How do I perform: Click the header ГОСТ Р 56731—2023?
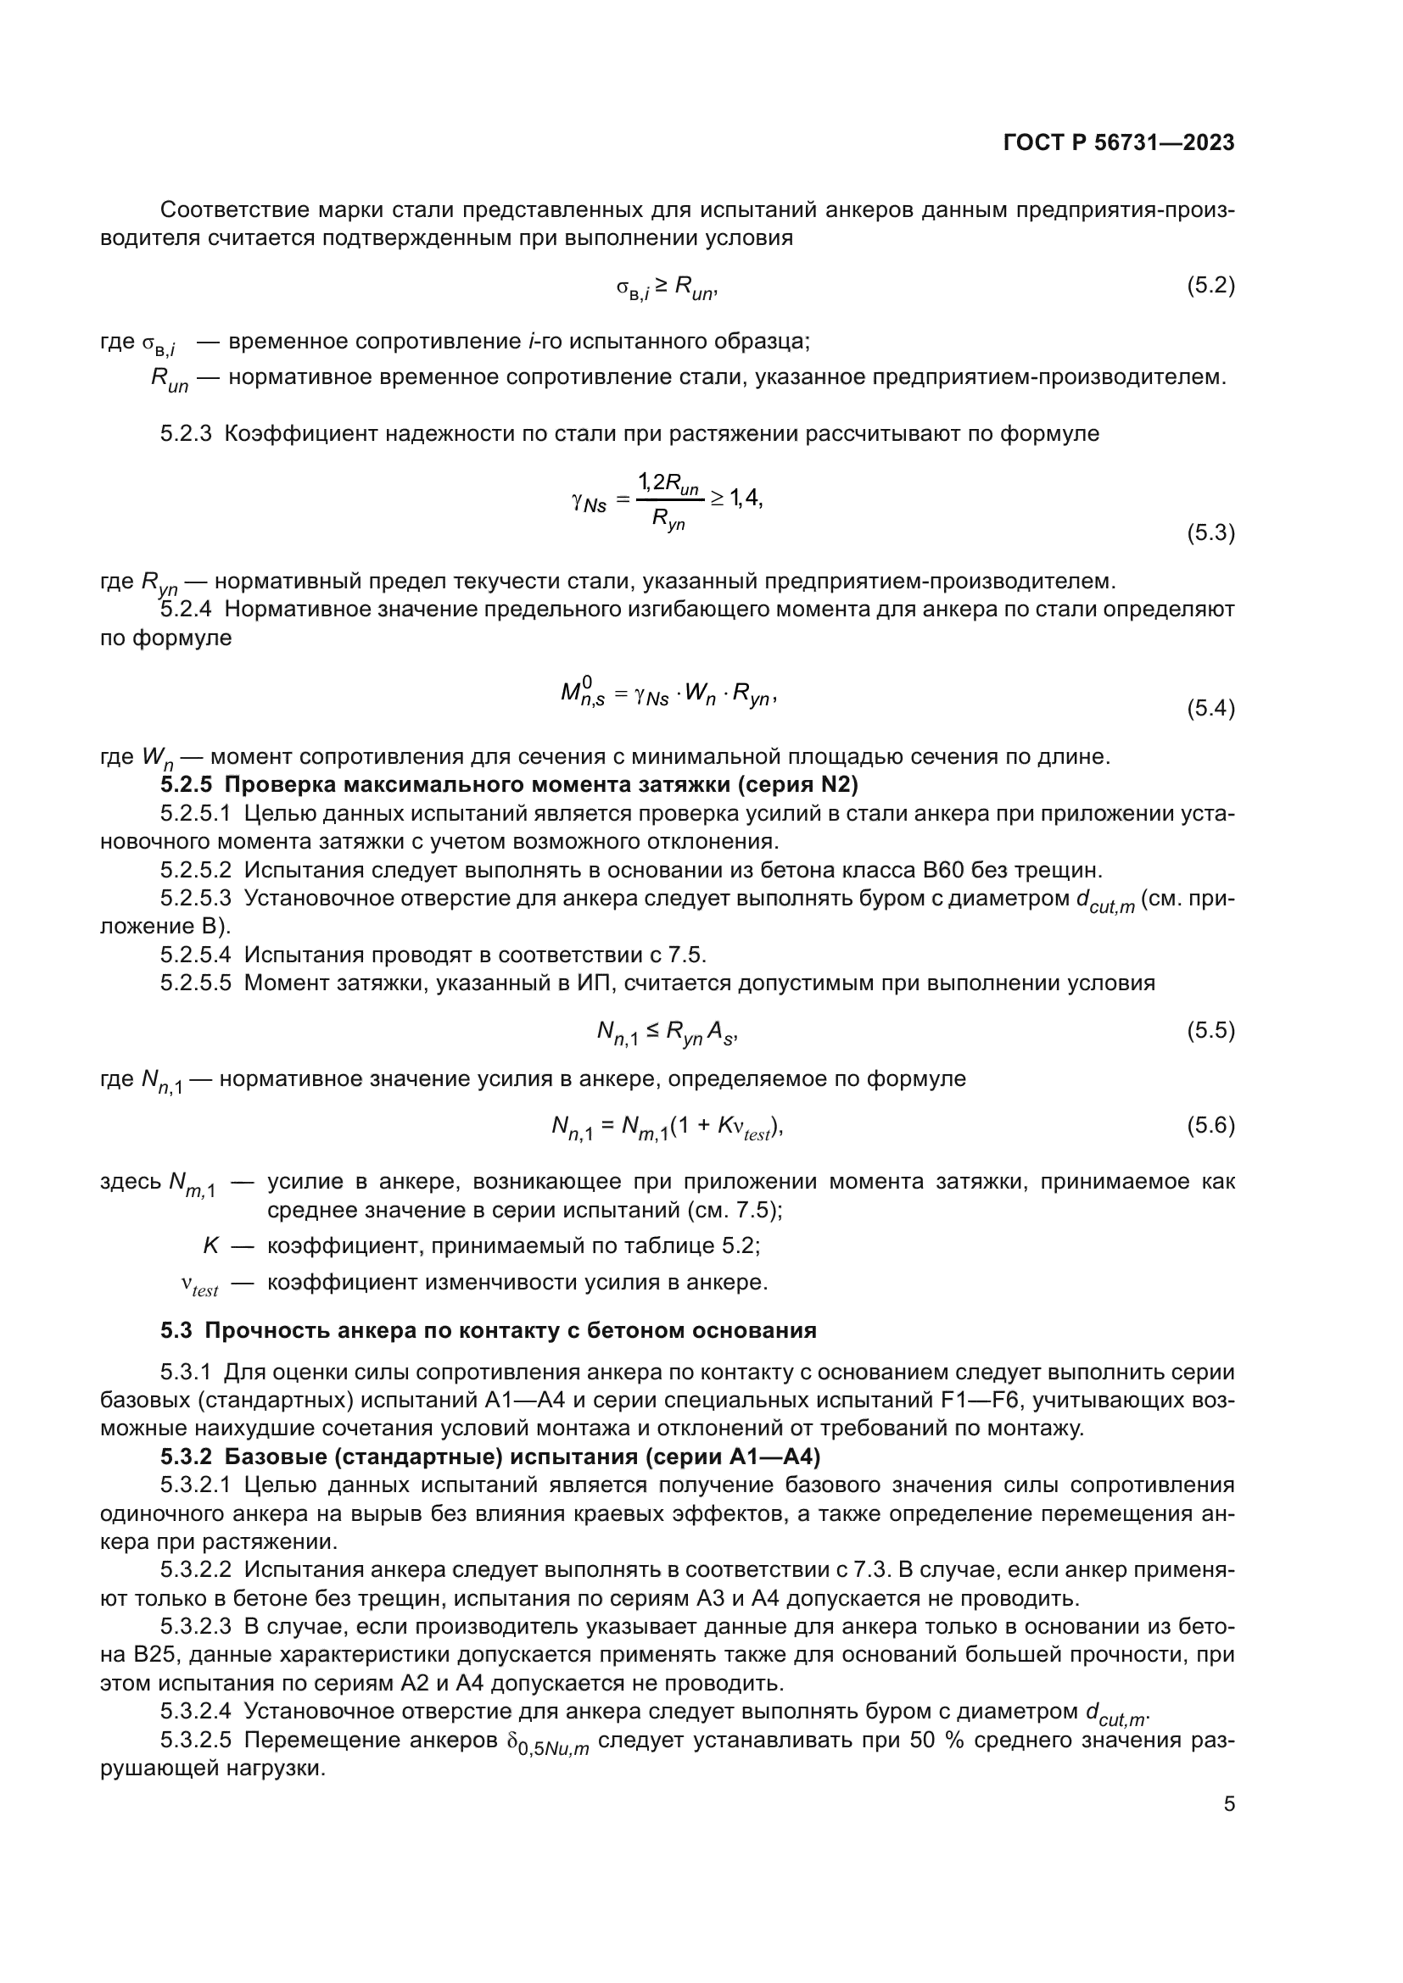[x=1119, y=142]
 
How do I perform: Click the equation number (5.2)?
[x=1210, y=285]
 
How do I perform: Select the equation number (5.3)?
[x=1210, y=533]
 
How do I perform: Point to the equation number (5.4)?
[x=1210, y=708]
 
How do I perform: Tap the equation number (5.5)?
[x=1210, y=1030]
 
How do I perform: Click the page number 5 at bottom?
[x=1229, y=1803]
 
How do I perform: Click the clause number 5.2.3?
[x=186, y=433]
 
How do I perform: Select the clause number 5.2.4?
[x=186, y=610]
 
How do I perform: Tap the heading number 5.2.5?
[x=186, y=785]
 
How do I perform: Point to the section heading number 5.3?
[x=176, y=1330]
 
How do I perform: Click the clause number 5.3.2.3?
[x=195, y=1626]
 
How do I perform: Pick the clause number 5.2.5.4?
[x=195, y=955]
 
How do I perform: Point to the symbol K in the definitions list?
[x=211, y=1245]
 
